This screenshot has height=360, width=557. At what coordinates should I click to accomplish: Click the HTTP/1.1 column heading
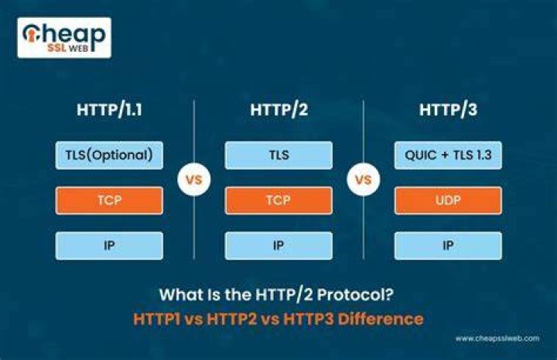109,109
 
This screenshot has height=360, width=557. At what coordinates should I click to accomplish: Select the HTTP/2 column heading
278,109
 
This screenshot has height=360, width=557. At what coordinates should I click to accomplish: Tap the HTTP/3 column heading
448,109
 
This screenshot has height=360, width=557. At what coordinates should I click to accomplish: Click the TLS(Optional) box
109,156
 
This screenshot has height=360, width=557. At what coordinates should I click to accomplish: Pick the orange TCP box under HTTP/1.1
109,201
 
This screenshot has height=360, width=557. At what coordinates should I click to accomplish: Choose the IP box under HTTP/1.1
109,245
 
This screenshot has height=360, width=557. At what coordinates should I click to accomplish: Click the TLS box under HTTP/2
278,156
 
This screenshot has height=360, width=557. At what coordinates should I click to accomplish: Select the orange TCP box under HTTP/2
278,201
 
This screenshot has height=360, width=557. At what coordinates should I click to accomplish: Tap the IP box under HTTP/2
278,245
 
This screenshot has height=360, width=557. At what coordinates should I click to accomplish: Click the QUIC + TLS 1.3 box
448,156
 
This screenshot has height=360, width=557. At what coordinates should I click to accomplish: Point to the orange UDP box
448,201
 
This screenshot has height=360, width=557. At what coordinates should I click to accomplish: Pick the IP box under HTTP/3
448,245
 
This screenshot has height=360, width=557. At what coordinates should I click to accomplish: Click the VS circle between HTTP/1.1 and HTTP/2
194,180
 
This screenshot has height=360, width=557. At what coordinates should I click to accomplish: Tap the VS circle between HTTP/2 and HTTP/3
364,180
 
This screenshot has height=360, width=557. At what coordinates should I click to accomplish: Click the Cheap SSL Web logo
64,38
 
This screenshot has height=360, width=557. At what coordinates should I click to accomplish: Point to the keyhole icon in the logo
31,35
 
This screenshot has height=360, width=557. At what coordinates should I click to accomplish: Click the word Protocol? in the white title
355,295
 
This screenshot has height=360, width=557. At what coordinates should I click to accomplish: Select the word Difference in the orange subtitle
381,319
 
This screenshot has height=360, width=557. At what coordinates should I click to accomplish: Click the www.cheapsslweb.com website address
497,338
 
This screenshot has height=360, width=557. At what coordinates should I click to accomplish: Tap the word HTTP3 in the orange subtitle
309,319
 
